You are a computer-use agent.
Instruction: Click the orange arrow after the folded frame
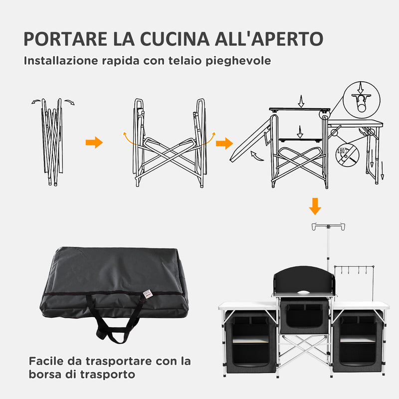coord(94,143)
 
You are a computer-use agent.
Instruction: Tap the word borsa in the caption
coord(45,374)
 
